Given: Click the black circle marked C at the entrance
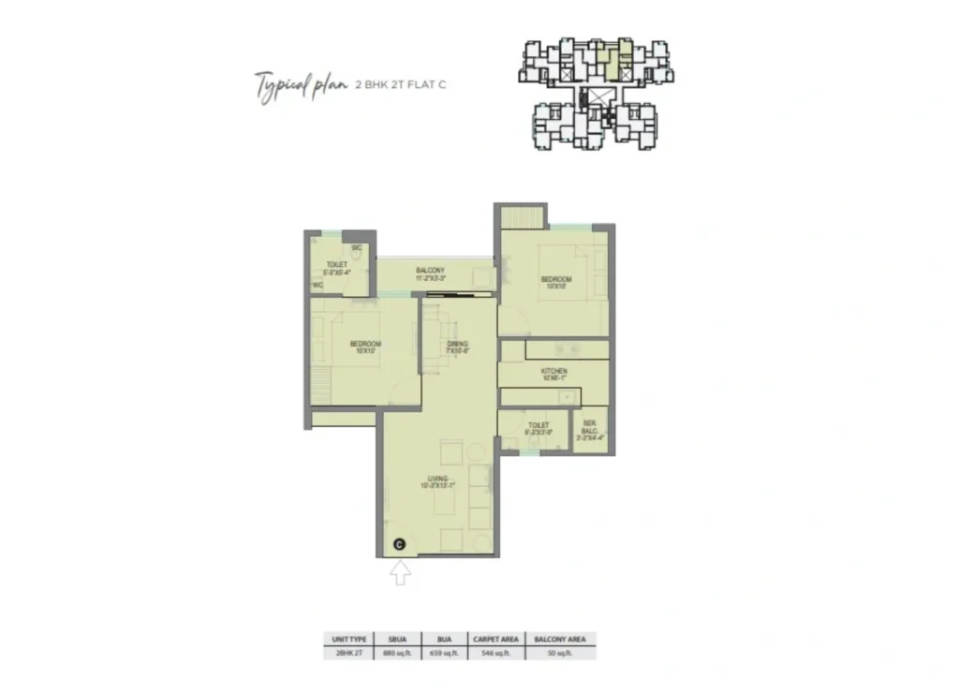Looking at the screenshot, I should (399, 543).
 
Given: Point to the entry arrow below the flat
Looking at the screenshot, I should (400, 571).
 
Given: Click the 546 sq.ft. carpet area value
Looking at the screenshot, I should (497, 652).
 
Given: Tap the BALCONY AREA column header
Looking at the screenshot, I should (560, 639).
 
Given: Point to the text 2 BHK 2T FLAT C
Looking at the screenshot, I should (401, 85).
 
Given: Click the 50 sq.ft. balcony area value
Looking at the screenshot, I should (560, 652).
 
